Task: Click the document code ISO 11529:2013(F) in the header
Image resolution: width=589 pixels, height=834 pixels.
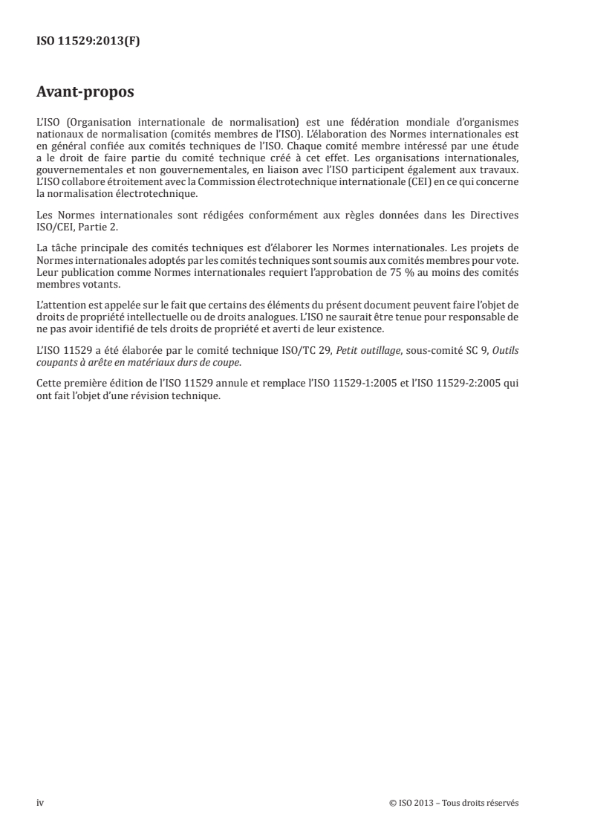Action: [88, 42]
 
